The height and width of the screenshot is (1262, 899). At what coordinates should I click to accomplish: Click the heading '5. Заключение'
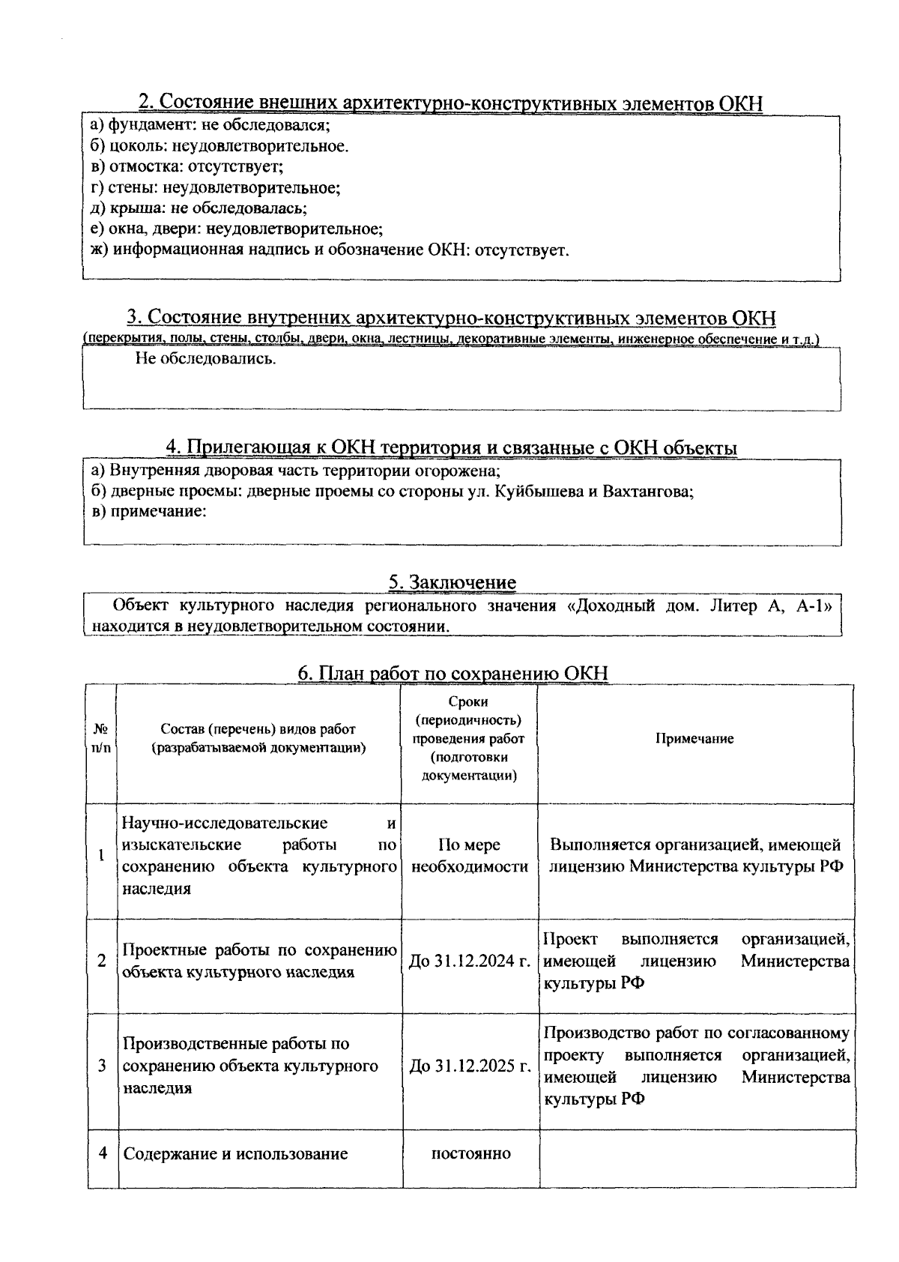point(452,582)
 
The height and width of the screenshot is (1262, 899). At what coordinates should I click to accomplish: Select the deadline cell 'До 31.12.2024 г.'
point(470,961)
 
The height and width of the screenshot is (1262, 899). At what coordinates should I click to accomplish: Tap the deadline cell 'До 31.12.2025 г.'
point(470,1066)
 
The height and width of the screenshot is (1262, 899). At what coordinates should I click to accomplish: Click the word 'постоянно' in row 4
point(470,1153)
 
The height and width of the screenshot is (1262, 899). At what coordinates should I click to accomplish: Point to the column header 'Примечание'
point(694,738)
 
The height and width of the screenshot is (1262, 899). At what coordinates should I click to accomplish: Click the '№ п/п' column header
point(100,738)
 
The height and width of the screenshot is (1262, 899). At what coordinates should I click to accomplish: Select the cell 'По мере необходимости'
point(470,856)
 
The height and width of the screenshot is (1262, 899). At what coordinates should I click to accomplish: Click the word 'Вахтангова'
point(649,492)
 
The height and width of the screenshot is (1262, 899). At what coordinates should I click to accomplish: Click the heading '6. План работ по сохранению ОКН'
point(452,673)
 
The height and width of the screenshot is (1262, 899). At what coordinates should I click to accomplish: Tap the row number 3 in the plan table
point(101,1066)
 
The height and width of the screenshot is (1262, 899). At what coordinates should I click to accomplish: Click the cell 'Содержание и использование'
point(235,1153)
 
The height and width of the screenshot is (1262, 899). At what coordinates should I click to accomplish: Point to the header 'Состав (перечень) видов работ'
point(258,729)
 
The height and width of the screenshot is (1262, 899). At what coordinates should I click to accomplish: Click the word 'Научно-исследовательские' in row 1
point(225,823)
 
